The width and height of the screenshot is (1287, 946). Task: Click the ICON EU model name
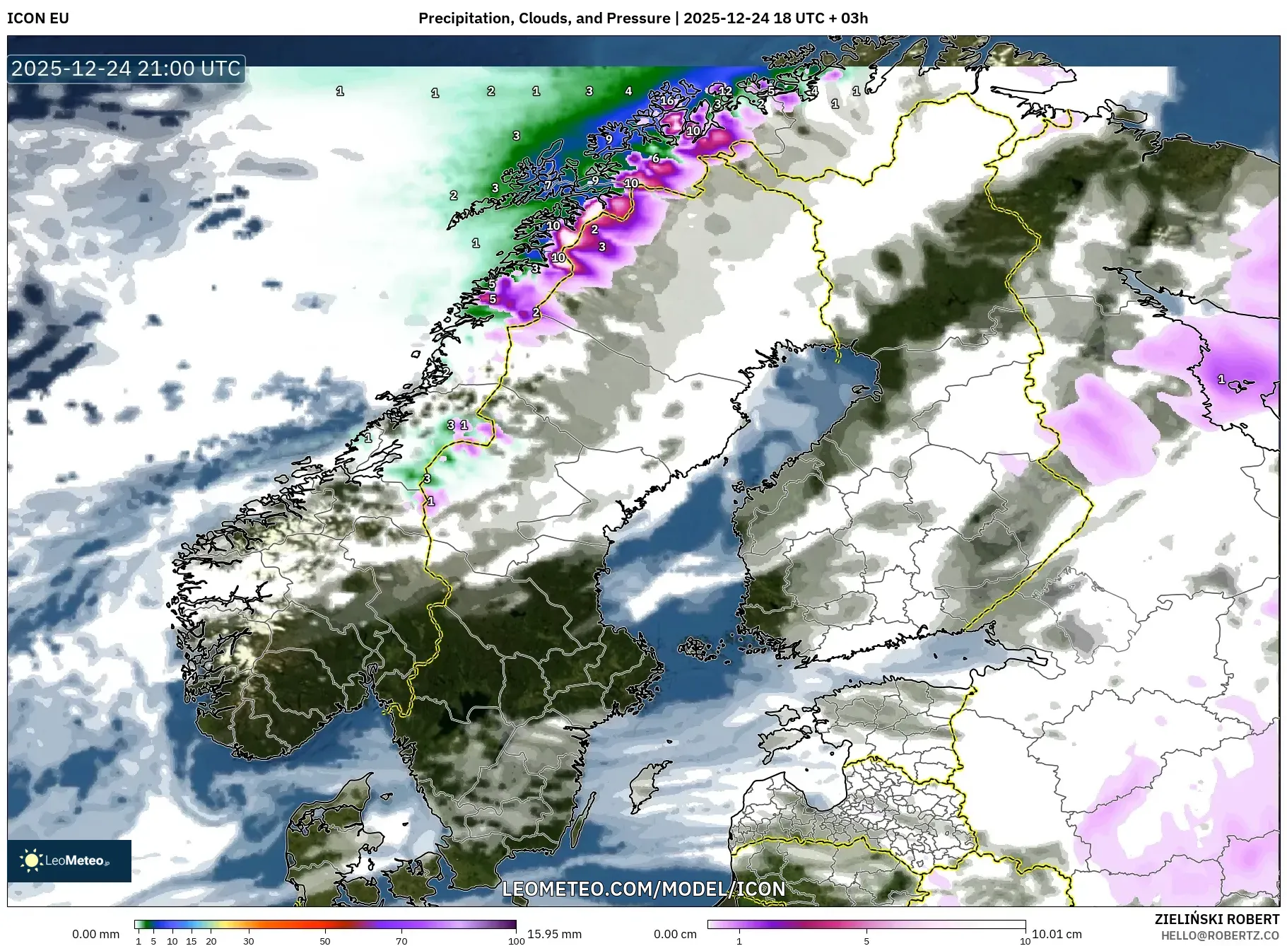[38, 18]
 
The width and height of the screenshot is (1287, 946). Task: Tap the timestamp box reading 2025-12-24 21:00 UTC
[127, 69]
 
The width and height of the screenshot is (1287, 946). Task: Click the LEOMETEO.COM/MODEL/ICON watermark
[643, 889]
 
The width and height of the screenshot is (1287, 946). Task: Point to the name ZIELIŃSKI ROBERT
[1216, 919]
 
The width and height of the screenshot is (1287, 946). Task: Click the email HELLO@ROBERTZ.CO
[1220, 935]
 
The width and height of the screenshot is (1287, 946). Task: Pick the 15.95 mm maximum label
[554, 934]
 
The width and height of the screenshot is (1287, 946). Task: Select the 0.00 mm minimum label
[95, 934]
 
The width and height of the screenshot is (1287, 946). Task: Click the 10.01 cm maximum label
[1057, 934]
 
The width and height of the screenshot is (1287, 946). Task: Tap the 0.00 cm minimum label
[675, 934]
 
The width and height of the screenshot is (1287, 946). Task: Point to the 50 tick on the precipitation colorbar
[324, 941]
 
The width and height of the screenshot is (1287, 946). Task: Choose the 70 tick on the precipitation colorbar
[401, 941]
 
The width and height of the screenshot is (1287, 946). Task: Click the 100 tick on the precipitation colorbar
[517, 941]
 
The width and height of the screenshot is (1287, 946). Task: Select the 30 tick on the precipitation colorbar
[248, 941]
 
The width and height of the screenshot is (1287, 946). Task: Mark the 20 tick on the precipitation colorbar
[211, 941]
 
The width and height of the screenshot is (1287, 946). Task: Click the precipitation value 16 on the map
[667, 100]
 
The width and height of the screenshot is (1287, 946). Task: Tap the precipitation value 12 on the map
[725, 91]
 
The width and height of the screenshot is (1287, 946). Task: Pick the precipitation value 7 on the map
[548, 186]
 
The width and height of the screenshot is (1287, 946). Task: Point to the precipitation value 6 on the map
[656, 158]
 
